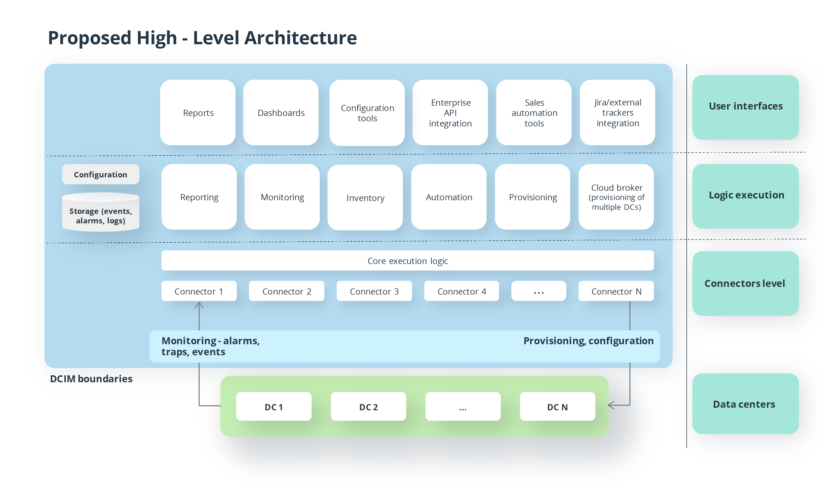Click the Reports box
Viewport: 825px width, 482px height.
pos(198,113)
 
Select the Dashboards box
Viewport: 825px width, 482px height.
pos(281,113)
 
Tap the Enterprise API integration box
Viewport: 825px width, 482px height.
pos(450,113)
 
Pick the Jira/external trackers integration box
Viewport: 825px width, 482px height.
pos(618,113)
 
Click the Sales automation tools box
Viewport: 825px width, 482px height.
pos(534,113)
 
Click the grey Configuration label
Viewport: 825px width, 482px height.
pos(101,175)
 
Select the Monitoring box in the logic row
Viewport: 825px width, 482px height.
pos(282,197)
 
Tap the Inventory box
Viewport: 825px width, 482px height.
pos(365,198)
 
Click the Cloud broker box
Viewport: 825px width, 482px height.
pos(616,197)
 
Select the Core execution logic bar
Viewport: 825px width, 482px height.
pos(407,261)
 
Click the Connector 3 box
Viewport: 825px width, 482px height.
pos(374,291)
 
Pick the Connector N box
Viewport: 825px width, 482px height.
pos(616,291)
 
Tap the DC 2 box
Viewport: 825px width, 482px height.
pos(368,407)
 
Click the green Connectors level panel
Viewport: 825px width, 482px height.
pos(746,284)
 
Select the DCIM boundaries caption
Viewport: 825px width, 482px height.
pos(91,379)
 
